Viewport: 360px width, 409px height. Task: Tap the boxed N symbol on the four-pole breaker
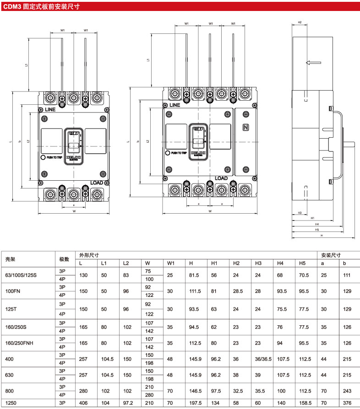coord(245,128)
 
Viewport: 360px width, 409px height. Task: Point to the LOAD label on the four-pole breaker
coord(221,178)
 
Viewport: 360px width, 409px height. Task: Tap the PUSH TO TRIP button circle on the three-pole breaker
coord(43,157)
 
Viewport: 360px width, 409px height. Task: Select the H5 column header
coord(302,263)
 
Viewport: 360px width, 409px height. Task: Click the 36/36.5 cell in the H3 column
coord(262,359)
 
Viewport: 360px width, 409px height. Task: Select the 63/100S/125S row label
coord(20,275)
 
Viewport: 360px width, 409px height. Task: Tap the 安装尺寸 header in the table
coord(330,255)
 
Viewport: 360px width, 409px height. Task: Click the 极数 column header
coord(64,259)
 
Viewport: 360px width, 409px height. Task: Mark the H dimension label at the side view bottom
coord(322,236)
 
